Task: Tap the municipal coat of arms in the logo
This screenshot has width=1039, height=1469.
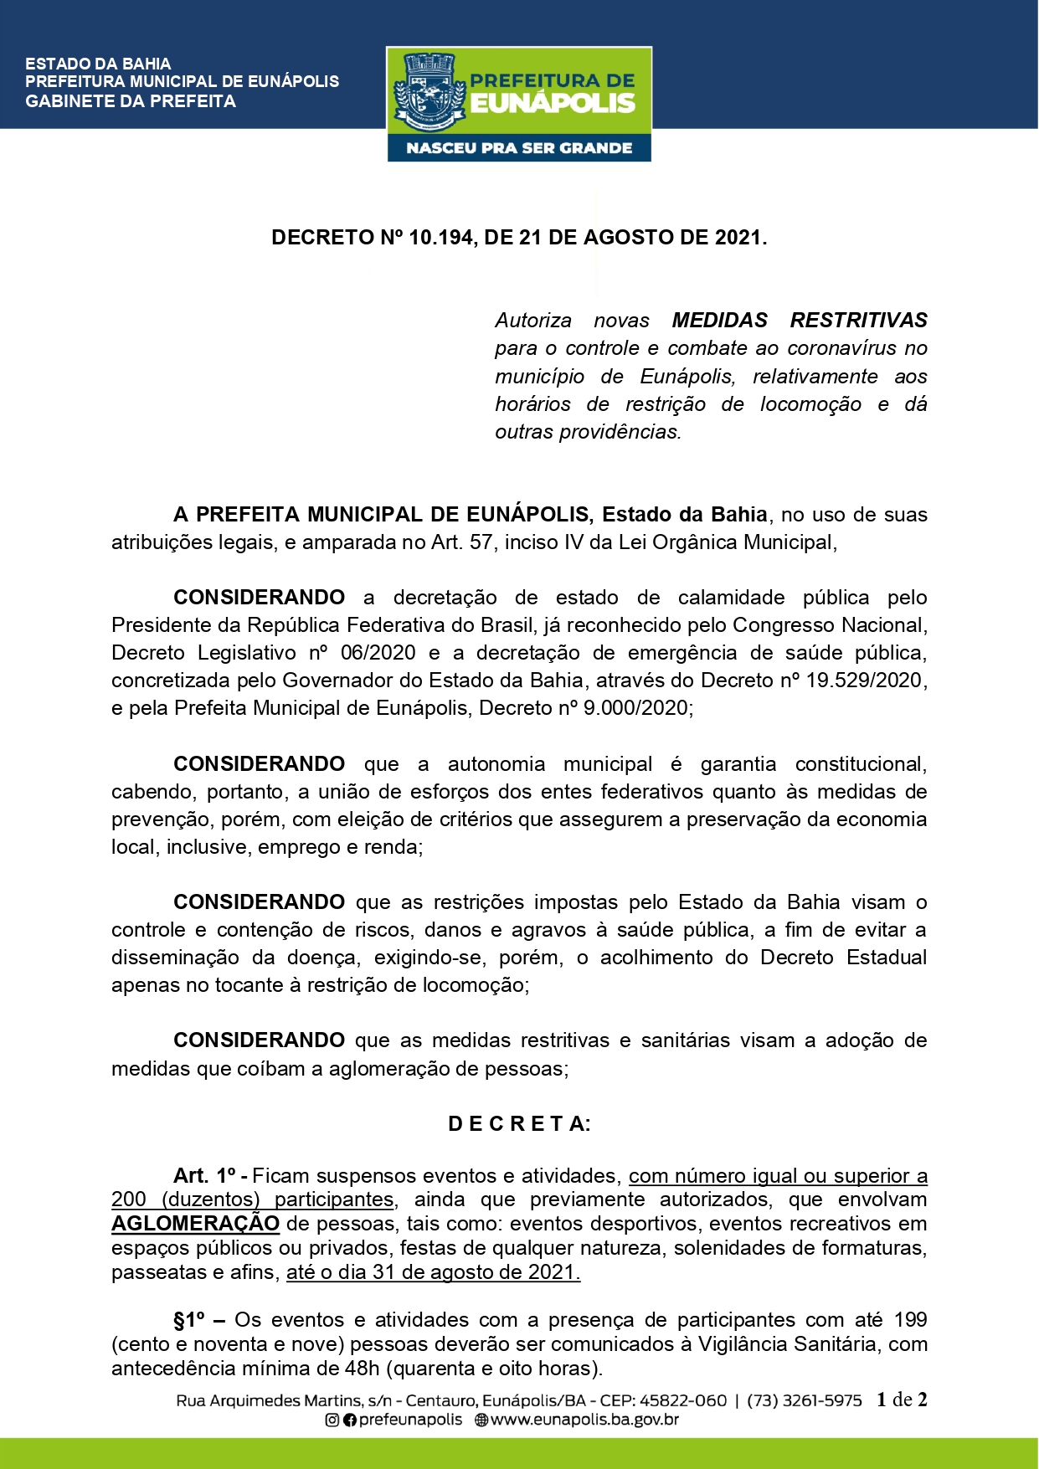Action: (x=429, y=92)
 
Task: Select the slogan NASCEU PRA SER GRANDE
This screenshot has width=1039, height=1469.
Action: (x=519, y=148)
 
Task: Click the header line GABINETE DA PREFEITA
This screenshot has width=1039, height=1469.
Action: (x=131, y=101)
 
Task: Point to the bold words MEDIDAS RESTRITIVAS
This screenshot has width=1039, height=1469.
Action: (x=800, y=321)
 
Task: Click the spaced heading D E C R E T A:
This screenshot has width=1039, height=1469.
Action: (x=519, y=1124)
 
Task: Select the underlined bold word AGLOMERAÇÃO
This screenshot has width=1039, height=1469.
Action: (x=195, y=1224)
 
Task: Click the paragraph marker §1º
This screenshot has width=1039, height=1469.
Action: (x=189, y=1320)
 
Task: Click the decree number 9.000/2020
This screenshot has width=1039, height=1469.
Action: (x=636, y=708)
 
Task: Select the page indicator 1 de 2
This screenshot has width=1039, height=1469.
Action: (x=902, y=1400)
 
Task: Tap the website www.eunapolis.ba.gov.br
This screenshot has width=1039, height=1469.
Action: (x=584, y=1420)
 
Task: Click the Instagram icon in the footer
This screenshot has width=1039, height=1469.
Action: (x=332, y=1420)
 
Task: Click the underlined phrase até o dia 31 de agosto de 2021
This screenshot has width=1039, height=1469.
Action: (x=433, y=1272)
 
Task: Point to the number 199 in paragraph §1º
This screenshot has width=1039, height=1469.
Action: (x=910, y=1320)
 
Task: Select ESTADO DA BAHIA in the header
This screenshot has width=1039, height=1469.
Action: (x=98, y=64)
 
